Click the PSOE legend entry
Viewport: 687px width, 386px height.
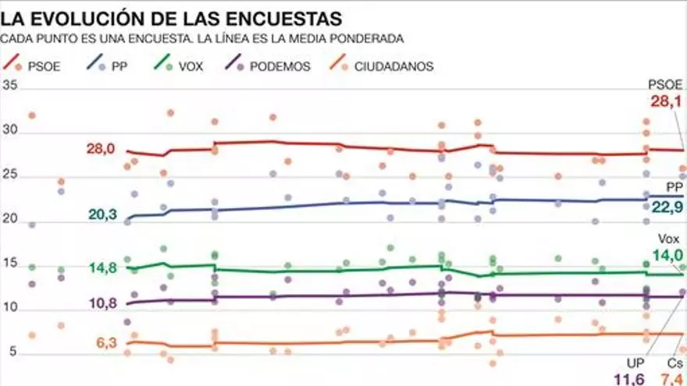point(38,66)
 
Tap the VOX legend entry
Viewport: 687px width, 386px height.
point(190,66)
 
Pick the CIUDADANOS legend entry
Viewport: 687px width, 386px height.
point(393,66)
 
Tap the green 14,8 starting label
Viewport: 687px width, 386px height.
point(101,267)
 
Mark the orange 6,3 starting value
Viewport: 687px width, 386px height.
point(107,342)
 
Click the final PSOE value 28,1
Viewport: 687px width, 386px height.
point(666,101)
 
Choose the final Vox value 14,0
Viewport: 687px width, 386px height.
point(668,254)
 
